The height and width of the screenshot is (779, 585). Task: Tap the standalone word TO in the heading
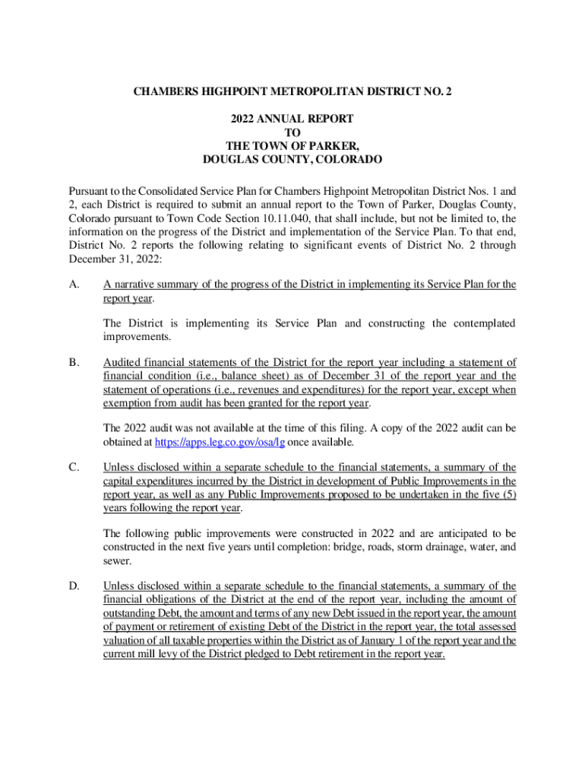(292, 132)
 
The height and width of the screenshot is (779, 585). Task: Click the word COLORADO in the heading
(342, 160)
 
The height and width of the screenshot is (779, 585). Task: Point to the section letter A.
(73, 285)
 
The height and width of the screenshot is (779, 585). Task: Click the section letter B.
(73, 362)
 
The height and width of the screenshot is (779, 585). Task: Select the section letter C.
(73, 467)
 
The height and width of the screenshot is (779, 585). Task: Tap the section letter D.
(73, 586)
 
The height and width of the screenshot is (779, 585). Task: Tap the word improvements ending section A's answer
(137, 336)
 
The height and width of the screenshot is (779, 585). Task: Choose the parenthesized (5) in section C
(508, 494)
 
